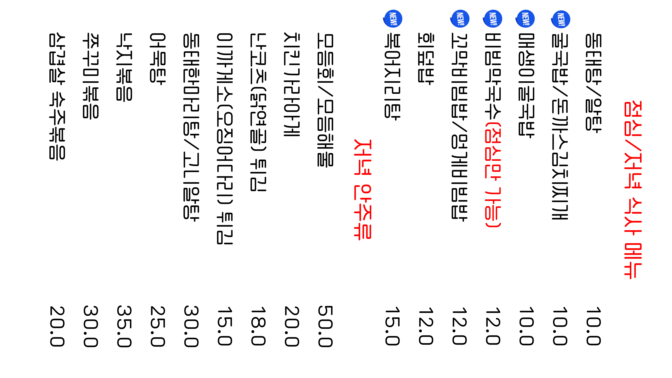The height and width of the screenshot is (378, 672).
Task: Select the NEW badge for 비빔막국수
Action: [493, 19]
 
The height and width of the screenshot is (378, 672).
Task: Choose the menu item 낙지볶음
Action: [124, 67]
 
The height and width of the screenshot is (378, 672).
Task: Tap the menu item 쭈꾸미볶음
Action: [91, 76]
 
